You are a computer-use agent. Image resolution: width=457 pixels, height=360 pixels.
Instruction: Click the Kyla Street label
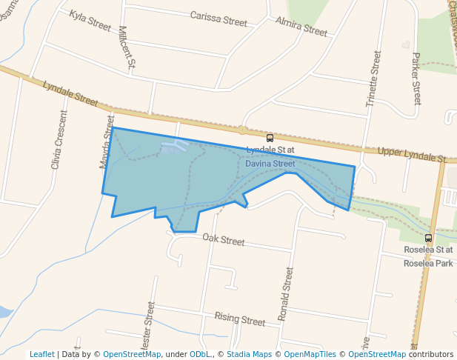click(90, 20)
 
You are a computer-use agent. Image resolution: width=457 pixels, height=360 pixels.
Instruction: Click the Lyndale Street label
click(70, 93)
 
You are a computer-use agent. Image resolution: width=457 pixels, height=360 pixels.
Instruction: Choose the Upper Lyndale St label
click(411, 155)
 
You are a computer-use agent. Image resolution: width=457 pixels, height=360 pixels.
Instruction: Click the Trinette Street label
click(373, 79)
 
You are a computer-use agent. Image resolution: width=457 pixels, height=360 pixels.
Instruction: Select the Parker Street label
click(416, 78)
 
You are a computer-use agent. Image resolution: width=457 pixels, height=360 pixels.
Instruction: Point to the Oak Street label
click(223, 240)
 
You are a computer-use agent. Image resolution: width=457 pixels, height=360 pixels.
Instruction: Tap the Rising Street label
click(239, 319)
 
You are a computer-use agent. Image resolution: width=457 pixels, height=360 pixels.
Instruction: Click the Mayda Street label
click(107, 141)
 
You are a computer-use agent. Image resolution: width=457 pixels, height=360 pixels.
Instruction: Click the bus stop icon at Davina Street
click(270, 138)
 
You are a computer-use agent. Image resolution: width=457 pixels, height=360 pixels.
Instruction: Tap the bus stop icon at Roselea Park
click(428, 238)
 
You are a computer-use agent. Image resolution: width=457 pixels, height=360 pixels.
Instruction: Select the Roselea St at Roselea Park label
click(428, 256)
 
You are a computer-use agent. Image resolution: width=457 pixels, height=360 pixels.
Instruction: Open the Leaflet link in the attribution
click(41, 354)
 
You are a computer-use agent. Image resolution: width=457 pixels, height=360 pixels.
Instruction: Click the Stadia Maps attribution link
click(249, 354)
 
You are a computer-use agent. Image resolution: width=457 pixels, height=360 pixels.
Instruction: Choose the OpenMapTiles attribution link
click(307, 354)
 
